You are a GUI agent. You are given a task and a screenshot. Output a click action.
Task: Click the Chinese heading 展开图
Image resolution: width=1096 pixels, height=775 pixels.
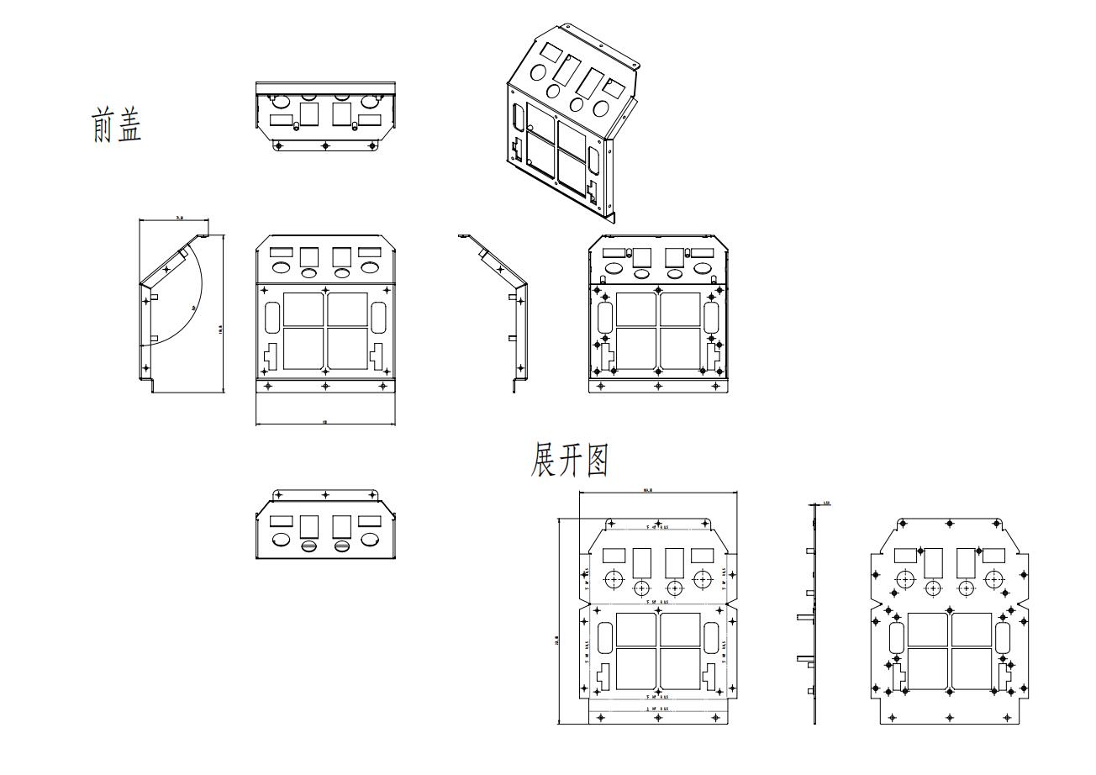pos(569,461)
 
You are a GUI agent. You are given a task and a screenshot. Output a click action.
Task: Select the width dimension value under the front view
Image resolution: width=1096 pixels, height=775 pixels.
pos(324,422)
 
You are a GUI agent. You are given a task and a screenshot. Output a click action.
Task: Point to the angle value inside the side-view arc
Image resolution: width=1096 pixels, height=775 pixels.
pos(193,308)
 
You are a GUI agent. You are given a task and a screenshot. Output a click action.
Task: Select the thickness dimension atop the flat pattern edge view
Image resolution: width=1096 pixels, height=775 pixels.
pos(827,503)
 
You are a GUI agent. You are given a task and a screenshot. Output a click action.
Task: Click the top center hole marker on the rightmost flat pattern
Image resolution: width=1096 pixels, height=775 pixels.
pos(950,523)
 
